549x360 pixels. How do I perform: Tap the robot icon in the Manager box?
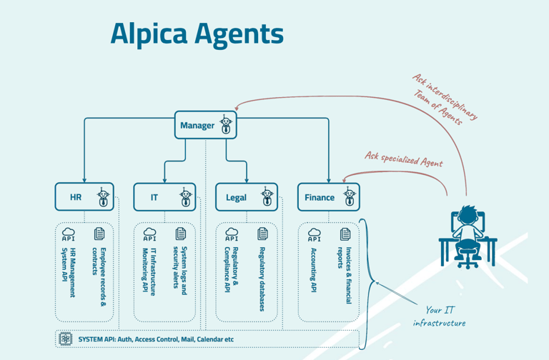(x=226, y=125)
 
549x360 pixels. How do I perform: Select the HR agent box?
(x=84, y=197)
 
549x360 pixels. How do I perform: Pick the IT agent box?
(x=164, y=197)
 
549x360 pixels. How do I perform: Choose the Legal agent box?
(x=247, y=197)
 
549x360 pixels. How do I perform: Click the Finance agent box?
(x=329, y=197)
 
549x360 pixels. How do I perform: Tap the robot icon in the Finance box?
(x=350, y=197)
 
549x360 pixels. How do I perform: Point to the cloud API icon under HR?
(x=69, y=234)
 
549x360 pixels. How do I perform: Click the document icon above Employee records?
(x=99, y=234)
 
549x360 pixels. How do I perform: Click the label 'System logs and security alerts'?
(x=180, y=268)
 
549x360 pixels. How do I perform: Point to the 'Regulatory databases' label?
(x=262, y=279)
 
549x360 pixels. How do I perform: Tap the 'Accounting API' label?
(x=314, y=271)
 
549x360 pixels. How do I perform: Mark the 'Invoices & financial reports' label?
(x=345, y=276)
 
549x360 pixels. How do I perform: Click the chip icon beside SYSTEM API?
(x=66, y=339)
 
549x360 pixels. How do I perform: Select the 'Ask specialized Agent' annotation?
(x=404, y=159)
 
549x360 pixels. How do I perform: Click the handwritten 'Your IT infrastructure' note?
(x=438, y=316)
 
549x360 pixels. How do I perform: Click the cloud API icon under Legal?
(x=232, y=234)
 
